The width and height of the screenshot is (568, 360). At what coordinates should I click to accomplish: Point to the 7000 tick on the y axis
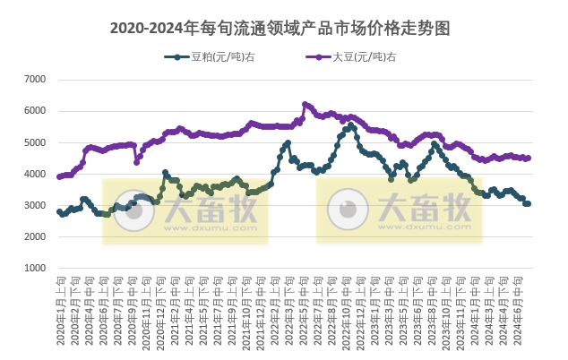point(34,80)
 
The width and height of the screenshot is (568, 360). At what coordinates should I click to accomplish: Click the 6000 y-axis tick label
point(34,111)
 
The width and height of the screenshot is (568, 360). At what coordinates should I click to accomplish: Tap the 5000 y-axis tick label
point(34,142)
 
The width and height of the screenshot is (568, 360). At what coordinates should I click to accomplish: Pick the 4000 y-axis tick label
point(34,174)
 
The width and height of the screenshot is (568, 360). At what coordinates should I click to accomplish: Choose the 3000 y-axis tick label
point(34,205)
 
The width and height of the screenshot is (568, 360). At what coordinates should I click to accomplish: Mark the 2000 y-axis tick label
point(34,236)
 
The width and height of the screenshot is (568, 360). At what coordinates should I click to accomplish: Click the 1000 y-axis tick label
point(34,268)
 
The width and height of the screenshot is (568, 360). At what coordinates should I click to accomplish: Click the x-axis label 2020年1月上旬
point(60,309)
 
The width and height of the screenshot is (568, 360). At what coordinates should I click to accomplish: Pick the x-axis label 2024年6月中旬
point(524,309)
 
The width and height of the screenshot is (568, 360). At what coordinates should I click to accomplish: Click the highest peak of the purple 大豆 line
point(306,104)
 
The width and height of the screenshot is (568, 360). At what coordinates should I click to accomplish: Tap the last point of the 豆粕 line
point(529,204)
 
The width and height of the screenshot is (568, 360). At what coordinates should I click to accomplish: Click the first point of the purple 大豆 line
point(59,176)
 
